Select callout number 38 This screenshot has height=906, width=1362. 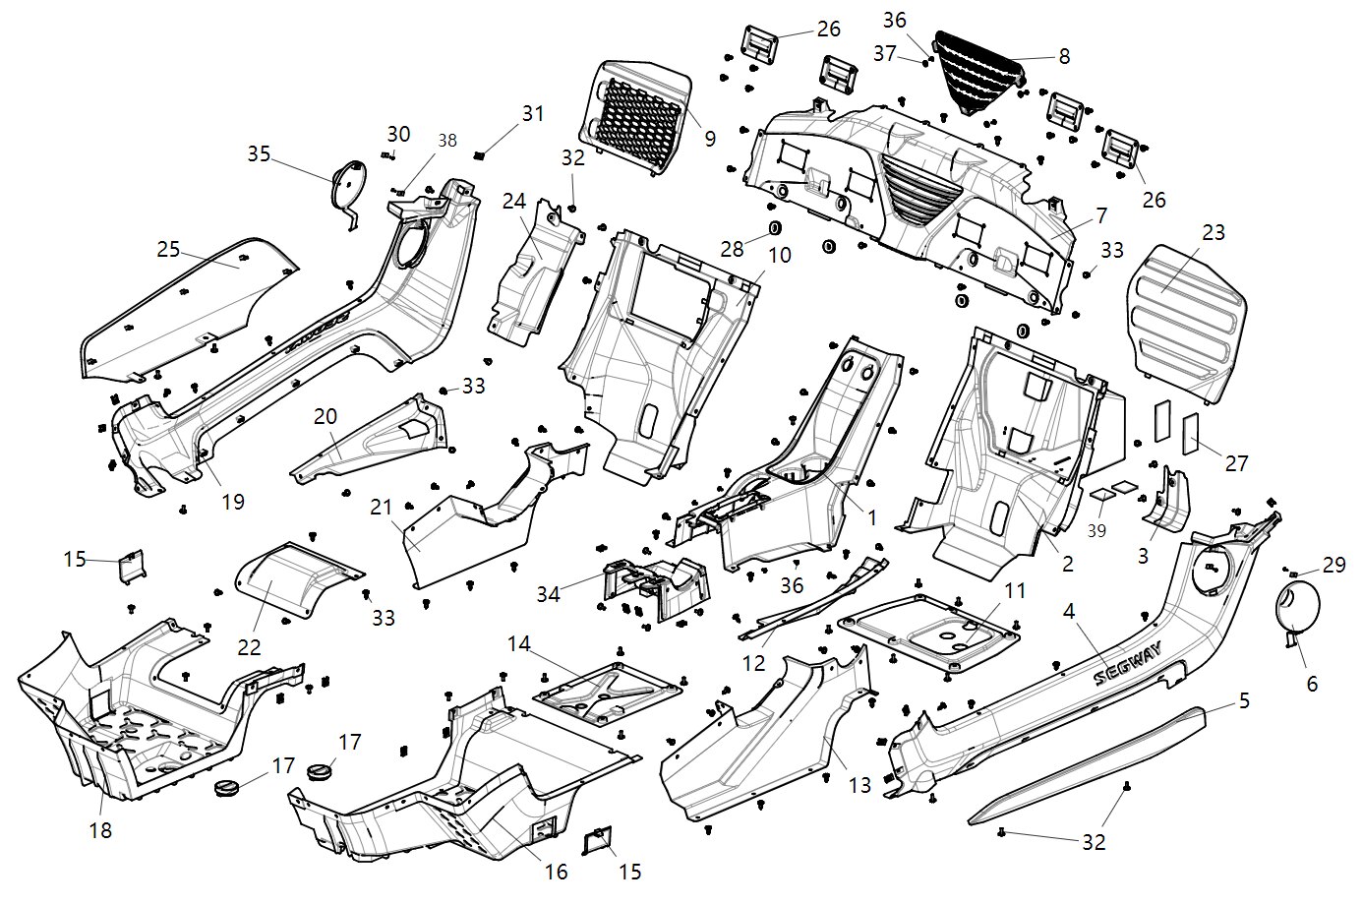pyautogui.click(x=447, y=141)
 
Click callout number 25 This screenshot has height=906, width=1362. pyautogui.click(x=168, y=249)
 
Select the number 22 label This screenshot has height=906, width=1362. pyautogui.click(x=250, y=646)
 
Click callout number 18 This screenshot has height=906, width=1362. pyautogui.click(x=100, y=830)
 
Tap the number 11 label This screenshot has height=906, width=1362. pyautogui.click(x=1015, y=590)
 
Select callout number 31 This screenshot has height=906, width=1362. pyautogui.click(x=532, y=114)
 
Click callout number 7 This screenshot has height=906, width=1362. pyautogui.click(x=1100, y=214)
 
